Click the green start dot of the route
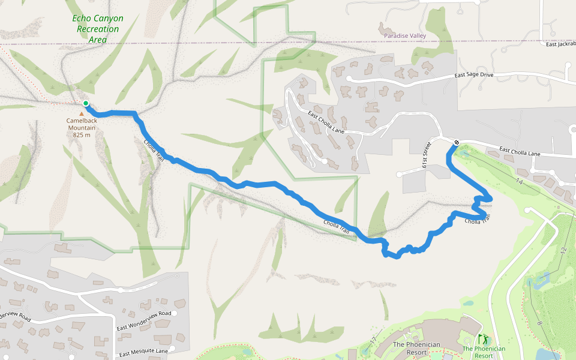(x=86, y=104)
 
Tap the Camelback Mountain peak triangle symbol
(x=82, y=113)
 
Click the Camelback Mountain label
(x=82, y=124)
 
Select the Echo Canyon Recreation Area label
(x=97, y=29)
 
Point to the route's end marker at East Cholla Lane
(x=457, y=142)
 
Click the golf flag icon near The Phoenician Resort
(x=483, y=340)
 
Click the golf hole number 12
(x=563, y=250)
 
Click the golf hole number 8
(x=540, y=323)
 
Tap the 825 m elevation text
(x=82, y=135)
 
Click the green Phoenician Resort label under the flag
(x=484, y=352)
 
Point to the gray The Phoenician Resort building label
(x=416, y=348)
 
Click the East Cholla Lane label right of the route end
(x=520, y=152)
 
